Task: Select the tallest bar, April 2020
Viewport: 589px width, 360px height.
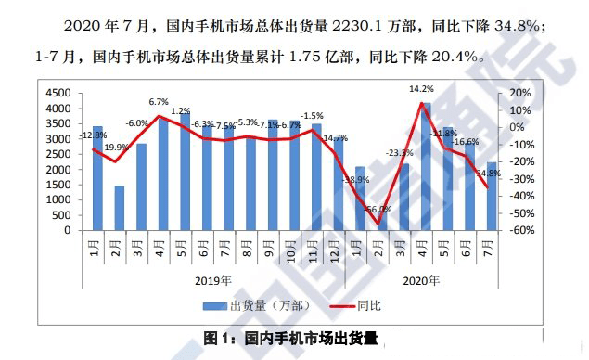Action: point(426,167)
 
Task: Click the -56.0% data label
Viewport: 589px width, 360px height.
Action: point(378,210)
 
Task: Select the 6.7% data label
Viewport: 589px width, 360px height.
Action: point(159,102)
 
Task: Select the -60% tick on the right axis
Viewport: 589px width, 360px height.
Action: point(519,231)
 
